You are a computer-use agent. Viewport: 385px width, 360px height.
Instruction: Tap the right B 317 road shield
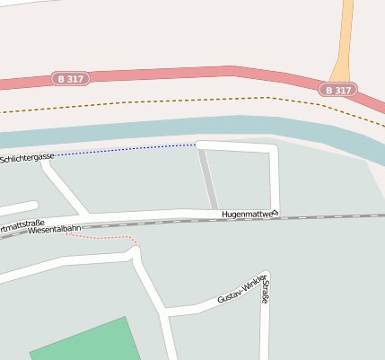338,90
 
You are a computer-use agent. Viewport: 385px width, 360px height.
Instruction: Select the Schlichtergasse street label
27,157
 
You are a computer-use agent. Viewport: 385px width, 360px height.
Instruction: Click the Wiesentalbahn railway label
56,231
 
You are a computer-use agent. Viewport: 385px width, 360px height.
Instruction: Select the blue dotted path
126,149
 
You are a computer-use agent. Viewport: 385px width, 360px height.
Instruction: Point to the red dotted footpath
108,237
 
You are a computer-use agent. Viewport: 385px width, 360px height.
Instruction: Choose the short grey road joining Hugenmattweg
207,179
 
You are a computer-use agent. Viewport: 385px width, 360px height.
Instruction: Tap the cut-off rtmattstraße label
22,224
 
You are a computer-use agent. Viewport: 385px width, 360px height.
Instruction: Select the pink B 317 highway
179,75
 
